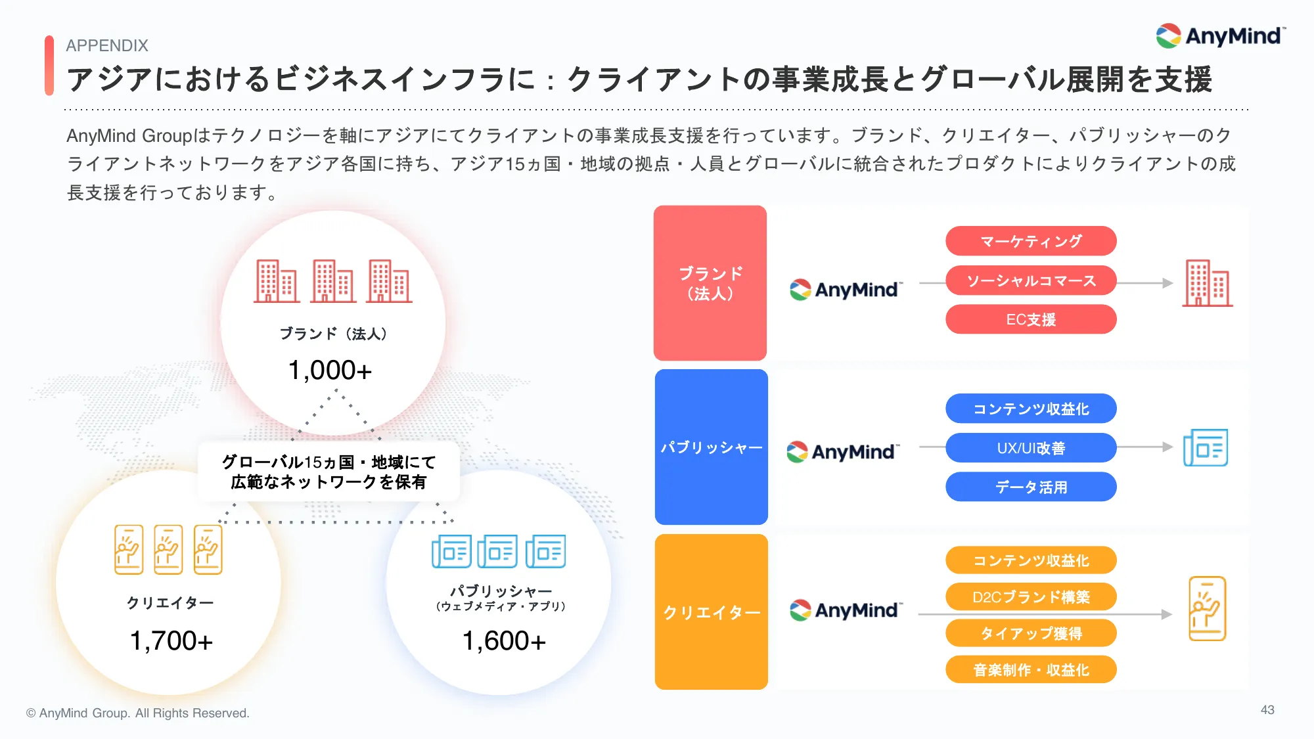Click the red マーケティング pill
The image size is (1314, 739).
click(x=1031, y=241)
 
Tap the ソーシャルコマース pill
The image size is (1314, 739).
click(x=1031, y=280)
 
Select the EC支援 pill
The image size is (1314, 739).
click(x=1031, y=319)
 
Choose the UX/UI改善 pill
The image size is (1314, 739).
click(x=1031, y=448)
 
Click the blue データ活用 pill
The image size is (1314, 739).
click(x=1031, y=487)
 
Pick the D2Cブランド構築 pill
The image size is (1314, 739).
click(x=1031, y=596)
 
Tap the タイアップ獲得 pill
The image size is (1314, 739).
click(x=1031, y=633)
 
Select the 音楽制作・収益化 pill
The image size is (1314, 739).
click(x=1031, y=669)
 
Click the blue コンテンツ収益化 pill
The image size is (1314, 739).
click(x=1031, y=409)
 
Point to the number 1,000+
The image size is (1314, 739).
click(x=330, y=370)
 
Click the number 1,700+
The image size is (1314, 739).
click(x=171, y=640)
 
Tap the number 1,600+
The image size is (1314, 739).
click(x=504, y=640)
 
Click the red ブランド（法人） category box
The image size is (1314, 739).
click(x=710, y=283)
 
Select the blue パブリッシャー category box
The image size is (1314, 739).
click(x=712, y=447)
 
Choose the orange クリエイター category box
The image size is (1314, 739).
click(x=712, y=612)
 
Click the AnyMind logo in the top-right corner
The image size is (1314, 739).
click(x=1221, y=35)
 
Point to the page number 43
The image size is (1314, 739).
click(x=1267, y=710)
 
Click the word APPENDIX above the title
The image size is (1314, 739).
click(x=107, y=45)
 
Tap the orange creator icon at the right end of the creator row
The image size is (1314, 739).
click(x=1208, y=609)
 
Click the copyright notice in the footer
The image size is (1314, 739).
click(x=138, y=713)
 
